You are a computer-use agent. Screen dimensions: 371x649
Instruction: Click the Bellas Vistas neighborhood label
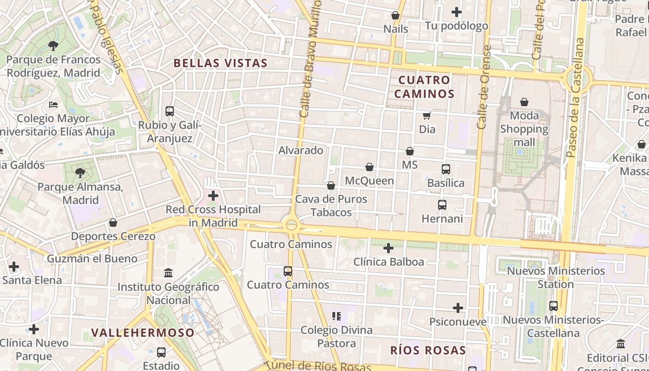click(x=221, y=63)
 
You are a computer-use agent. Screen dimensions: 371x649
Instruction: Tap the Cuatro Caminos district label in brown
click(x=424, y=87)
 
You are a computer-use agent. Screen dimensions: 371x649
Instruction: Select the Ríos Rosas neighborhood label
click(x=427, y=350)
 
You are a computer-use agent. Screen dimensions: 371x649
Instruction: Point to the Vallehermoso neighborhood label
click(x=143, y=333)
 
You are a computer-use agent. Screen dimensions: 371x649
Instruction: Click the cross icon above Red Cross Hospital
click(x=213, y=196)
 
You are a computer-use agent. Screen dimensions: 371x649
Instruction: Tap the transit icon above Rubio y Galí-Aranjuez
click(x=170, y=111)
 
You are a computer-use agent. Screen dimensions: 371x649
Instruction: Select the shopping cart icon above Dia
click(x=426, y=115)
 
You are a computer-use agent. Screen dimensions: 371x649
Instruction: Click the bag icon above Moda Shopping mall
click(x=524, y=102)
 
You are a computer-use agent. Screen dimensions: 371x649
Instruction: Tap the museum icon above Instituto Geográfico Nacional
click(x=168, y=273)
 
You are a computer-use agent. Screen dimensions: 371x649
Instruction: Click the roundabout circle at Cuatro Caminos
click(x=292, y=225)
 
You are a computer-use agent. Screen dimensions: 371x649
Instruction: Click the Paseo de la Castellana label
click(x=576, y=97)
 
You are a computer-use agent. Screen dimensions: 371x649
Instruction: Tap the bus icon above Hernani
click(x=442, y=205)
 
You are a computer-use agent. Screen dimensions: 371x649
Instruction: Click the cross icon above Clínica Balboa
click(x=388, y=248)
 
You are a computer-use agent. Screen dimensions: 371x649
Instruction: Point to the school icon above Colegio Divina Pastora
click(x=337, y=316)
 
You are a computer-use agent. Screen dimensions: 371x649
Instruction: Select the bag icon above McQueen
click(x=369, y=167)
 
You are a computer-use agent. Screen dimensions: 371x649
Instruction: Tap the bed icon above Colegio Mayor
click(x=53, y=105)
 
